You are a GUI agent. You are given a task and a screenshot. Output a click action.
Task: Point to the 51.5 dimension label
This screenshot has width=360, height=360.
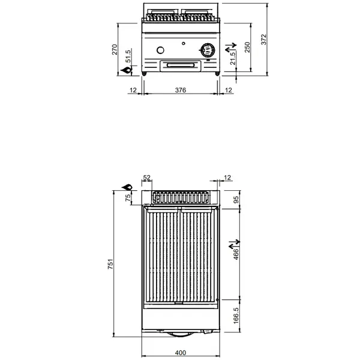pos(127,58)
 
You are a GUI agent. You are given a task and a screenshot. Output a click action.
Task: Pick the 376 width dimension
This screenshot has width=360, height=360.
pos(181,90)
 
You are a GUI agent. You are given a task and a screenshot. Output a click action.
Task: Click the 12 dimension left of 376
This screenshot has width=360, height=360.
pos(133,90)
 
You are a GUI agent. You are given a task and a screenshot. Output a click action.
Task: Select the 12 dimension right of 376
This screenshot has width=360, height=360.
pos(228,90)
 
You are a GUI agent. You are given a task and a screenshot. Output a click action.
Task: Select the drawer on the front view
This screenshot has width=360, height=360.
pos(181,64)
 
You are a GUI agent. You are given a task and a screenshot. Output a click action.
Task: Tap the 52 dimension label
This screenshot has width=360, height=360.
pos(147,178)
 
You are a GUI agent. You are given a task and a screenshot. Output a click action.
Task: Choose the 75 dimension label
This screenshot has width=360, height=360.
pos(127,199)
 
